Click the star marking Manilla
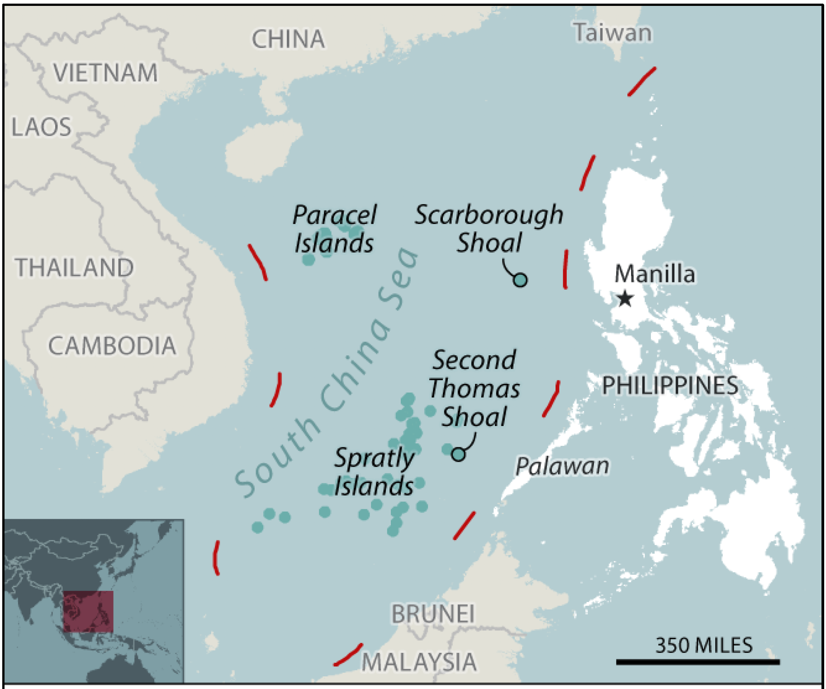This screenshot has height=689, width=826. point(625,299)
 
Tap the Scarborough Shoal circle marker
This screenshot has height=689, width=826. point(520,280)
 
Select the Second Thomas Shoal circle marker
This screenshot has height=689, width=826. point(458,454)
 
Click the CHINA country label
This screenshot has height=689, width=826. point(288,39)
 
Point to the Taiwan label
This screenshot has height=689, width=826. point(613,33)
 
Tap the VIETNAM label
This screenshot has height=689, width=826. point(105,73)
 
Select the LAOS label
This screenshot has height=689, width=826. point(41,127)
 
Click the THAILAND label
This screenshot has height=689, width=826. point(74,268)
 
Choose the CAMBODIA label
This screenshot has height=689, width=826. point(112,346)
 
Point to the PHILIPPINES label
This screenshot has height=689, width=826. point(670,386)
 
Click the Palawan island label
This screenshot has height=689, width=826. point(562,466)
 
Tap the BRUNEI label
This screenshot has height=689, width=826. point(433,614)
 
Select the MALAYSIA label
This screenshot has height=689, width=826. point(419,662)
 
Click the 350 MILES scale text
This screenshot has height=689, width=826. point(704,645)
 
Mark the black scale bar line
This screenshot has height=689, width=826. point(698,662)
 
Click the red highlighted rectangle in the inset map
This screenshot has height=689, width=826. point(88,611)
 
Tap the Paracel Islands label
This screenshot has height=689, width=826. point(334,229)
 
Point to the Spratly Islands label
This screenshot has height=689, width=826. point(374,472)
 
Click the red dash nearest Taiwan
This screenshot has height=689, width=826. point(641,81)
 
